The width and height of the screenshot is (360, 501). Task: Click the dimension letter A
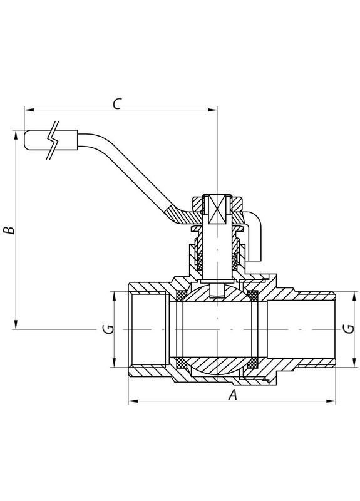tap(232, 395)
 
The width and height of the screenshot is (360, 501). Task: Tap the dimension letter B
tap(8, 230)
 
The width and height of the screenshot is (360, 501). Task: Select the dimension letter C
tap(117, 103)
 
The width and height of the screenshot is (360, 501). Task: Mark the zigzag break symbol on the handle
tap(55, 140)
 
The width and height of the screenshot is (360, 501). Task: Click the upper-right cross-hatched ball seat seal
tap(254, 294)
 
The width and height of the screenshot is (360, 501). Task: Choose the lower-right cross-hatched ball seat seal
tap(254, 362)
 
